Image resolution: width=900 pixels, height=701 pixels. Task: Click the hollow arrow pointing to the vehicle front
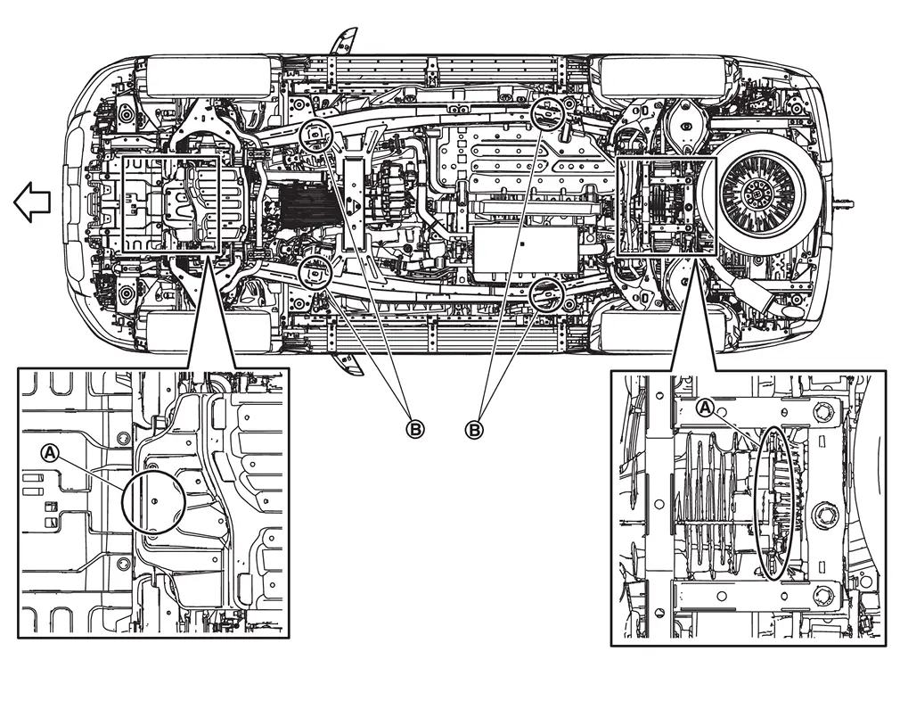[32, 202]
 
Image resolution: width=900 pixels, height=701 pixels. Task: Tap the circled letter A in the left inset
[51, 453]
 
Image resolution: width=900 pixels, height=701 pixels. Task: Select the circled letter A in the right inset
[706, 408]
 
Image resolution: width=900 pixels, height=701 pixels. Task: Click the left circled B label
[415, 429]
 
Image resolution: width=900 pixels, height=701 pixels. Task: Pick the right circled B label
[473, 429]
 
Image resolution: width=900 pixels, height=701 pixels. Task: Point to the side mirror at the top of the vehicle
[343, 41]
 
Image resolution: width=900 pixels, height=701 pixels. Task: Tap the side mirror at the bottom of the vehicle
[348, 363]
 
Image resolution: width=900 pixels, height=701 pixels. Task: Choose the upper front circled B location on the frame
[316, 136]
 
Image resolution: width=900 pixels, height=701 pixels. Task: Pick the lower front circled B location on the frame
[315, 272]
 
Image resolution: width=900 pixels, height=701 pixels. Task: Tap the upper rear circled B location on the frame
[549, 113]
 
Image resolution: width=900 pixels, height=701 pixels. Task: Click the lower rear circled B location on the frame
[549, 294]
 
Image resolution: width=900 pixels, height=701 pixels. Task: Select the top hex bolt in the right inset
[822, 411]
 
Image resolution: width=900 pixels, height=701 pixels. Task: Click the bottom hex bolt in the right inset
[822, 595]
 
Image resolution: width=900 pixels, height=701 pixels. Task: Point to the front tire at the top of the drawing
[209, 76]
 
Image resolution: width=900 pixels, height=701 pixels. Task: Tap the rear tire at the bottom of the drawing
[660, 332]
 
